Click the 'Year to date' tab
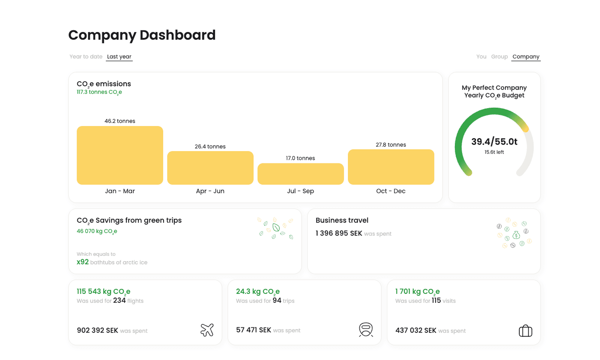point(86,57)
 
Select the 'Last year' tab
point(119,57)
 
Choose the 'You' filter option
point(481,57)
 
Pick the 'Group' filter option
point(499,57)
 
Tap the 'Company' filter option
point(526,57)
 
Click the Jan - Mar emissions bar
point(120,155)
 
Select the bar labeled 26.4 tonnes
point(210,168)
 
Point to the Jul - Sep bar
point(300,174)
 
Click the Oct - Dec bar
point(391,167)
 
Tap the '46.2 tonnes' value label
point(120,121)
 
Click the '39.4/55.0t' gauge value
point(494,142)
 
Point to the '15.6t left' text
point(494,152)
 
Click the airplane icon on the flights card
point(207,330)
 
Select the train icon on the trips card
point(366,330)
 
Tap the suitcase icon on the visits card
point(525,331)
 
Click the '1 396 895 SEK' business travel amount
point(339,233)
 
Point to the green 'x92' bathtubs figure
point(82,262)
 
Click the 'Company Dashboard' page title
point(142,35)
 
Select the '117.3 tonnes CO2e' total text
point(99,92)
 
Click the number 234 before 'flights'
point(119,300)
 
